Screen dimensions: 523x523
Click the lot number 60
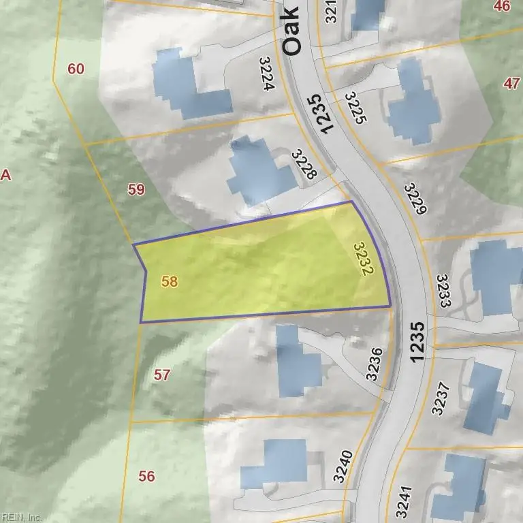[76, 69]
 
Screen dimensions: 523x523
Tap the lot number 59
[136, 189]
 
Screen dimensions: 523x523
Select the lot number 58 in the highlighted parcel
[170, 281]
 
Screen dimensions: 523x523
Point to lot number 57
[161, 375]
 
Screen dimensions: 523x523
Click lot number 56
[146, 476]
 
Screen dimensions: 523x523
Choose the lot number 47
[511, 84]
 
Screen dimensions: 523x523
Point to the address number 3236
[375, 364]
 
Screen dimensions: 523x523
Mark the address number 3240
[343, 466]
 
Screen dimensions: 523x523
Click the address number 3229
[414, 199]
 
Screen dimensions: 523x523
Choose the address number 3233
[444, 291]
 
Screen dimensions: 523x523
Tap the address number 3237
[441, 398]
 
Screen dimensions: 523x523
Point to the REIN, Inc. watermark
[21, 517]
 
